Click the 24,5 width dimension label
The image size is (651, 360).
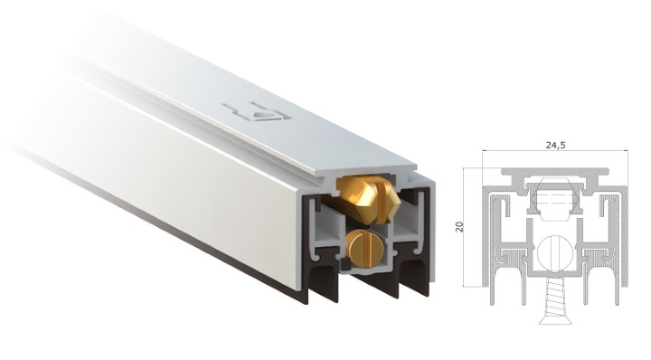click(x=555, y=146)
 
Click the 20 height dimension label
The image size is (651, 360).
click(x=459, y=227)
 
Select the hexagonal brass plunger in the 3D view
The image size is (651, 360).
click(x=368, y=197)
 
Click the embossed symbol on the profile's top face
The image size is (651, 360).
click(x=257, y=112)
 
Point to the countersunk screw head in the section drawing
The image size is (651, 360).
click(x=555, y=319)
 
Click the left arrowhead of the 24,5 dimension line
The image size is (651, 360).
click(x=485, y=151)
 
